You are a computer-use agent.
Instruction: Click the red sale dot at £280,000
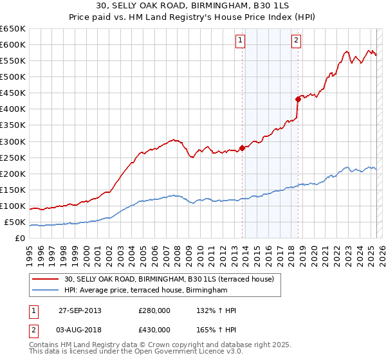point(243,147)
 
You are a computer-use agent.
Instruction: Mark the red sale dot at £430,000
point(298,99)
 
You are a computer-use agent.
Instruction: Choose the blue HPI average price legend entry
point(146,291)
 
